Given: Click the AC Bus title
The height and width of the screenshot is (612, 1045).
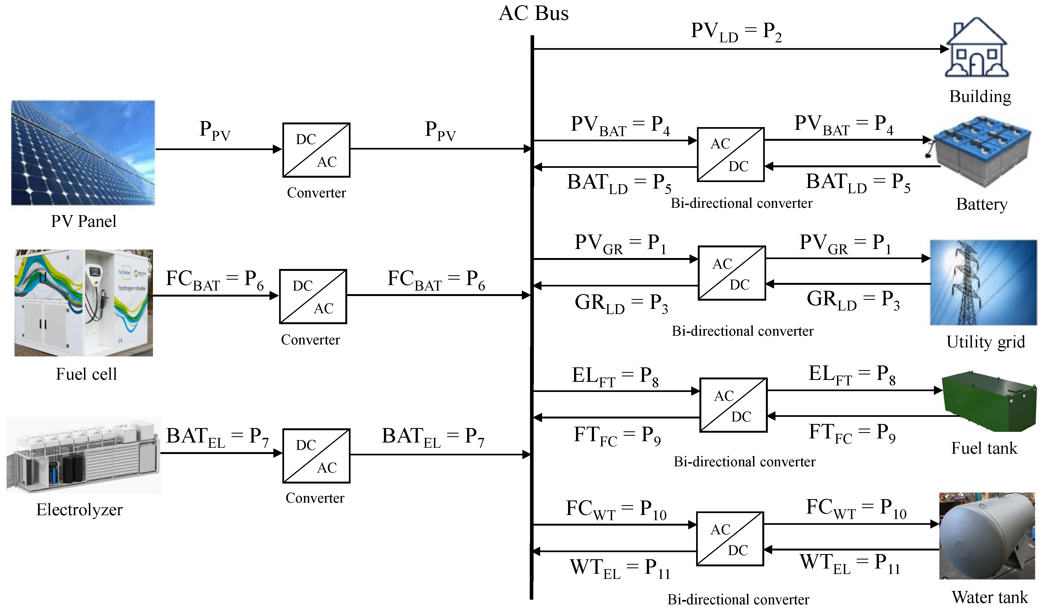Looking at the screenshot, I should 533,13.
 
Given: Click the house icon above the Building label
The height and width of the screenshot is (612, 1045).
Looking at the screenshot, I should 977,48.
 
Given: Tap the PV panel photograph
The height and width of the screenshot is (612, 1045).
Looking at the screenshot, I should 83,153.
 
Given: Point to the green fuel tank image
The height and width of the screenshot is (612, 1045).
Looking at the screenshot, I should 989,401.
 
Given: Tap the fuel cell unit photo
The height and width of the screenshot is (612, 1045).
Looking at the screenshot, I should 84,303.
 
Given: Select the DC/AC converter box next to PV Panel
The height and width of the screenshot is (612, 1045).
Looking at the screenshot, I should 316,150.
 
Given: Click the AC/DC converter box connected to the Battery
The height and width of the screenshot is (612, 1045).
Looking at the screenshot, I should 730,154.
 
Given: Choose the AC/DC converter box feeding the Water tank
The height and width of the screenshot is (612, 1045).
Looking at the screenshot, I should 730,539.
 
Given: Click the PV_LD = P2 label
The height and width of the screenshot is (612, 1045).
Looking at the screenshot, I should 736,31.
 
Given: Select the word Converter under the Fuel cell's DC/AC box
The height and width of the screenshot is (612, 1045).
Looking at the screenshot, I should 310,340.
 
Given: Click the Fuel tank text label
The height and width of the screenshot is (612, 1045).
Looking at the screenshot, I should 984,448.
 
